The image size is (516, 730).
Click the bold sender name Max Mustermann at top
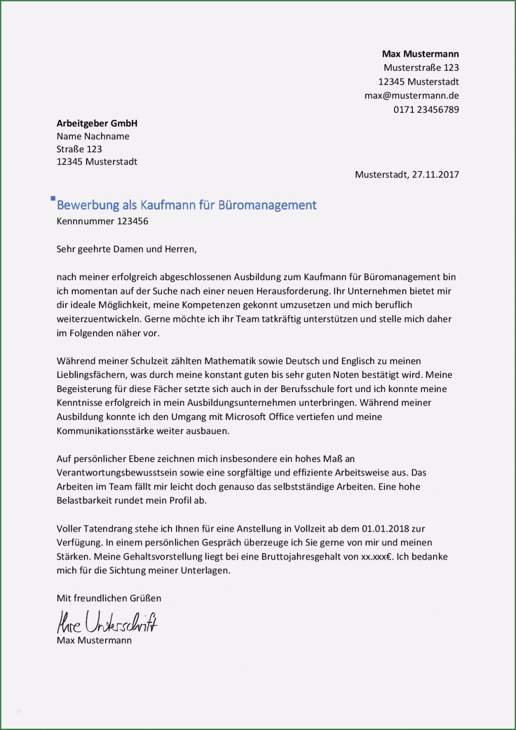pyautogui.click(x=420, y=54)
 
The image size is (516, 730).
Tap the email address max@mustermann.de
pyautogui.click(x=411, y=96)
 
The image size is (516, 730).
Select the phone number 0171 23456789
pyautogui.click(x=426, y=109)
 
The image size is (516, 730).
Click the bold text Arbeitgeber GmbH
pyautogui.click(x=97, y=123)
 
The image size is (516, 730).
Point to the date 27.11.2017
pyautogui.click(x=435, y=175)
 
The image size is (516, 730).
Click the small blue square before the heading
pyautogui.click(x=53, y=199)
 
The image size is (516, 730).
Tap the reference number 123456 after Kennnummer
pyautogui.click(x=133, y=221)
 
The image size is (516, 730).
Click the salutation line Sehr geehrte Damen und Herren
pyautogui.click(x=126, y=249)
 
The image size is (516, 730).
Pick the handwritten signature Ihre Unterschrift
pyautogui.click(x=107, y=622)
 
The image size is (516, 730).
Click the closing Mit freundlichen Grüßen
pyautogui.click(x=109, y=598)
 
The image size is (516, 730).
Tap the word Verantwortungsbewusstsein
pyautogui.click(x=117, y=473)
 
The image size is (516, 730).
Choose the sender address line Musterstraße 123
pyautogui.click(x=421, y=68)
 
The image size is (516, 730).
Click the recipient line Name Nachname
pyautogui.click(x=93, y=136)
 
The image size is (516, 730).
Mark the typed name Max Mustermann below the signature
pyautogui.click(x=94, y=640)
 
